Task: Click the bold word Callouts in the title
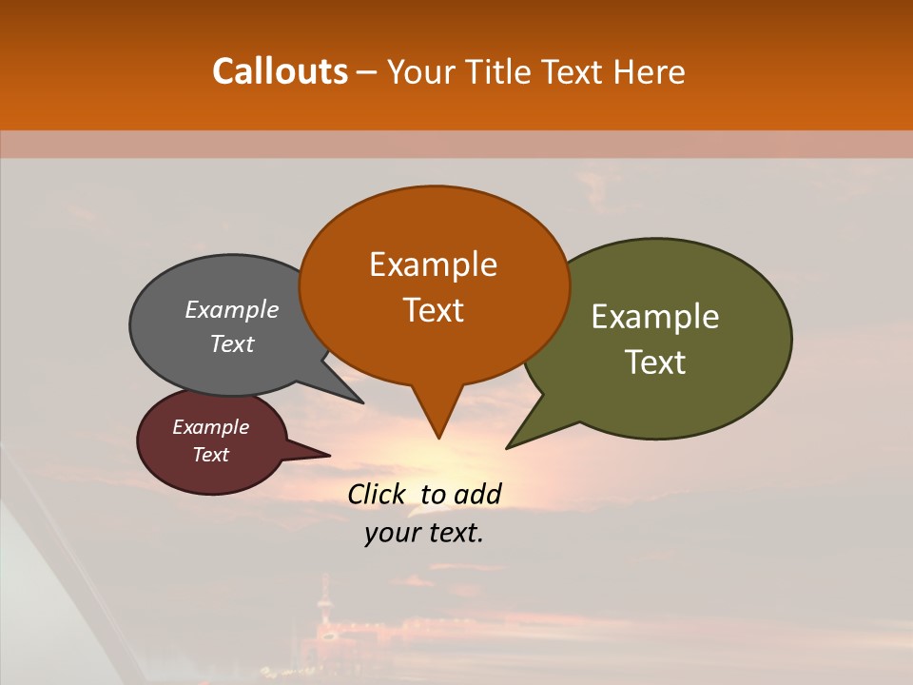pyautogui.click(x=280, y=71)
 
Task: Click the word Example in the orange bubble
pyautogui.click(x=433, y=264)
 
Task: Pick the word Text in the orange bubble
pyautogui.click(x=433, y=310)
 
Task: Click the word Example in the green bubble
pyautogui.click(x=654, y=317)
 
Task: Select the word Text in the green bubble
pyautogui.click(x=656, y=362)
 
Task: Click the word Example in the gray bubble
pyautogui.click(x=231, y=310)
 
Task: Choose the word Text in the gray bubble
pyautogui.click(x=232, y=344)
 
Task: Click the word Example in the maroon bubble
pyautogui.click(x=210, y=427)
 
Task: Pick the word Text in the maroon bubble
pyautogui.click(x=211, y=455)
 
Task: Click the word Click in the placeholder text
pyautogui.click(x=379, y=494)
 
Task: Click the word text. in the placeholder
pyautogui.click(x=453, y=533)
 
